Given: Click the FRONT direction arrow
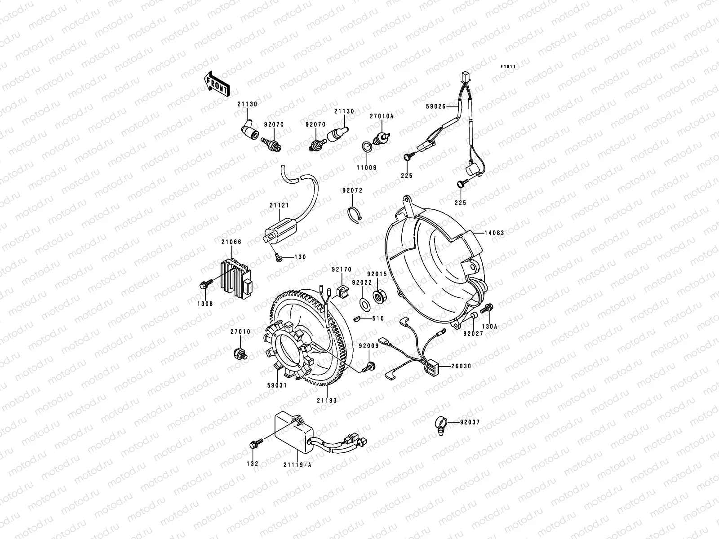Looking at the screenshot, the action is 217,84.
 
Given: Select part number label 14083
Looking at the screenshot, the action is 494,233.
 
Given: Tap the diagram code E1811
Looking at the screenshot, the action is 508,67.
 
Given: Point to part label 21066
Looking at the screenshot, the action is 231,242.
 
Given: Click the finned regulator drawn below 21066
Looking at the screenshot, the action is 235,278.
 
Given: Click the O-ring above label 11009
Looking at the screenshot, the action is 367,146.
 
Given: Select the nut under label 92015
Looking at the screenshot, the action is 380,296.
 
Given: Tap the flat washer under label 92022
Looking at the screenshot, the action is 365,305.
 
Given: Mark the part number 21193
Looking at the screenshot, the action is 327,400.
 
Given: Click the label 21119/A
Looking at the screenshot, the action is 297,464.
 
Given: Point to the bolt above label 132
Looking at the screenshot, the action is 256,444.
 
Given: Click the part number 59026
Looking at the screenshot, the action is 435,106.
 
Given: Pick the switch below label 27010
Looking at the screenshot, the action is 240,354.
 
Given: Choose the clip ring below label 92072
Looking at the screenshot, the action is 355,215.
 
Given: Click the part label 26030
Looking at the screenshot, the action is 461,366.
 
